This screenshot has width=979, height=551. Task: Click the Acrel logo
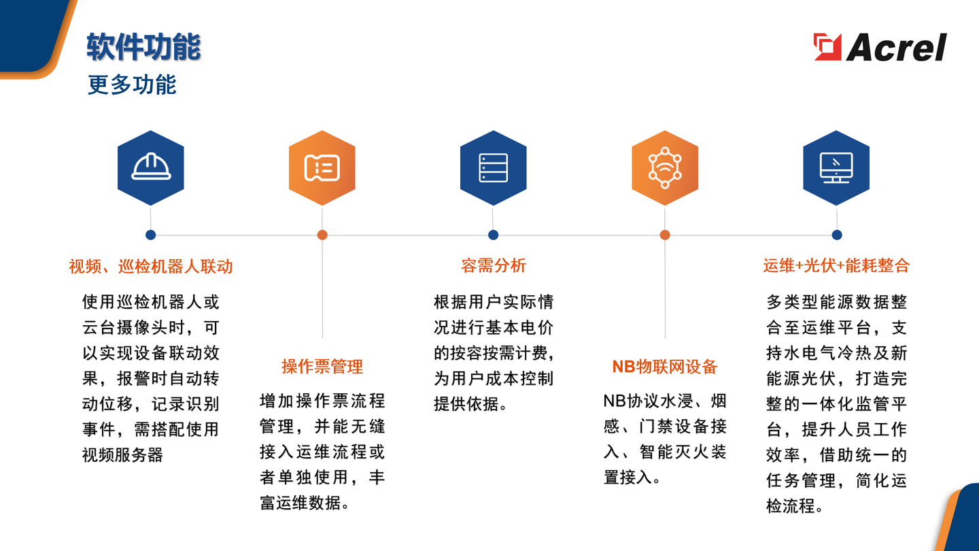pyautogui.click(x=880, y=47)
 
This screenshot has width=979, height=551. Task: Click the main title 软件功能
pyautogui.click(x=143, y=47)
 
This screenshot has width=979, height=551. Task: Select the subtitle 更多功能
pyautogui.click(x=132, y=85)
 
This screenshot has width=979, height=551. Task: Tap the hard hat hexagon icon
pyautogui.click(x=151, y=168)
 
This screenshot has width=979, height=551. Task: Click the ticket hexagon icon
pyautogui.click(x=322, y=168)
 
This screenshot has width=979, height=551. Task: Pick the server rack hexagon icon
pyautogui.click(x=494, y=168)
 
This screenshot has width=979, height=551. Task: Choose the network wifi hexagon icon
pyautogui.click(x=665, y=168)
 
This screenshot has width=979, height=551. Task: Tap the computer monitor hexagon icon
pyautogui.click(x=836, y=168)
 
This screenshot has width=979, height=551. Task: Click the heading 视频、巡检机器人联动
pyautogui.click(x=151, y=266)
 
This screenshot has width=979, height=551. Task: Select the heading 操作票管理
pyautogui.click(x=322, y=367)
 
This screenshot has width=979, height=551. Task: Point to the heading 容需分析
pyautogui.click(x=494, y=266)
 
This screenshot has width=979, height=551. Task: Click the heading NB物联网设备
pyautogui.click(x=665, y=367)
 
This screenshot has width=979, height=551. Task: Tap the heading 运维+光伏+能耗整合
pyautogui.click(x=836, y=266)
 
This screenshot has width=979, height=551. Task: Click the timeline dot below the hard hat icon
pyautogui.click(x=151, y=235)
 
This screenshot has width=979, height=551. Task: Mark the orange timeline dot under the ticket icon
pyautogui.click(x=322, y=235)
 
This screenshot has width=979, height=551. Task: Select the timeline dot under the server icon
pyautogui.click(x=494, y=235)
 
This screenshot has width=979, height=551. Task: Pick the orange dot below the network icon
pyautogui.click(x=665, y=235)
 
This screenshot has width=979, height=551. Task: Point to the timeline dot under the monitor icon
pyautogui.click(x=837, y=235)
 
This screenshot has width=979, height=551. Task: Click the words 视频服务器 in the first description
pyautogui.click(x=123, y=455)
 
